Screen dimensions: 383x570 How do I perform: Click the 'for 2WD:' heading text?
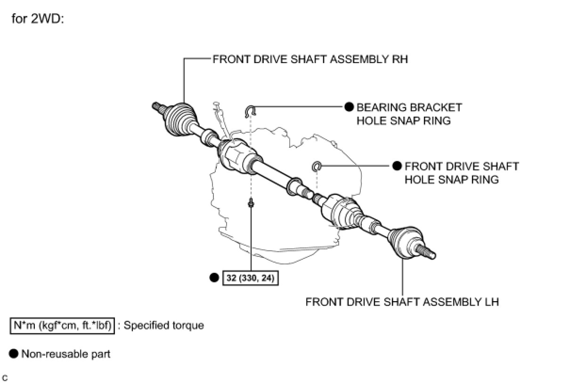37,21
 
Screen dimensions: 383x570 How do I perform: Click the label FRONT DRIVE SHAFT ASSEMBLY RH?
310,60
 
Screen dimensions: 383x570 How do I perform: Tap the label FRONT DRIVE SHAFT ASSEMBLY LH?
402,302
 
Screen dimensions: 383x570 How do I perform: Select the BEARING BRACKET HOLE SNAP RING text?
409,114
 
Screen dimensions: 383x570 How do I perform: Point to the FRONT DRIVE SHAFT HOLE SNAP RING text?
461,173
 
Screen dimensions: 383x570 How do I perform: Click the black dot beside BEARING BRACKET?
349,107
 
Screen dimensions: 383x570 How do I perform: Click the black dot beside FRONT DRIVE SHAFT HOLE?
397,166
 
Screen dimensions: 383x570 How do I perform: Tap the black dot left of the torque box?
214,278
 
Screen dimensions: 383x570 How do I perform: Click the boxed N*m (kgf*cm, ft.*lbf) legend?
62,326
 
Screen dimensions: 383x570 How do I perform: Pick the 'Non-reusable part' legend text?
66,354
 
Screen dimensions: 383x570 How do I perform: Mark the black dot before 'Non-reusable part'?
14,354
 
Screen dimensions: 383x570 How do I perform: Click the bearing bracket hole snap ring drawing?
250,111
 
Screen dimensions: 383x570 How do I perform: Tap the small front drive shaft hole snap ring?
317,166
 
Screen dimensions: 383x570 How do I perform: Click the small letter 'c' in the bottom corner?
5,377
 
